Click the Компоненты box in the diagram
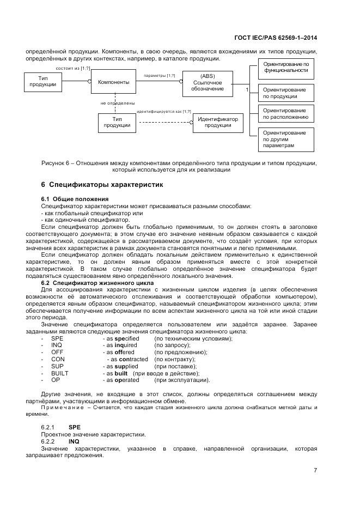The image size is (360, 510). [113, 82]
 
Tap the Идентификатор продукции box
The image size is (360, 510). [217, 123]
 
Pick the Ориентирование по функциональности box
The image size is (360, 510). [285, 67]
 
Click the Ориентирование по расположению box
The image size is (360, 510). [285, 114]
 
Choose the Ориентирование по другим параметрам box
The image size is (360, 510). [285, 139]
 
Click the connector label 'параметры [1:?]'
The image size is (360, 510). [159, 76]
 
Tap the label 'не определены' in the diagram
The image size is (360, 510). [118, 102]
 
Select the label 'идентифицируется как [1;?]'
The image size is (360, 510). [164, 111]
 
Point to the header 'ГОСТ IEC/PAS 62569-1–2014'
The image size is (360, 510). [276, 38]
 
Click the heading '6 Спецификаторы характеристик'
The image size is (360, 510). [102, 185]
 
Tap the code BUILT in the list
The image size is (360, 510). [60, 373]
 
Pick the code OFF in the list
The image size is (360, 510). [57, 353]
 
